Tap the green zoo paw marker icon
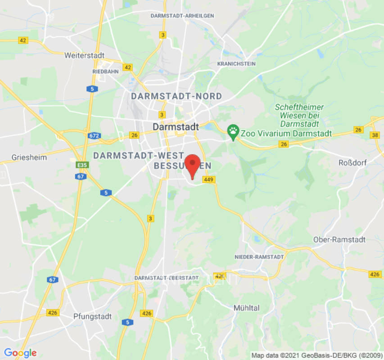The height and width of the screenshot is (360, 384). point(233,132)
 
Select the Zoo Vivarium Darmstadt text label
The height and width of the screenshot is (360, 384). point(286,134)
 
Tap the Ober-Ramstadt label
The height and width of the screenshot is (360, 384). point(339,239)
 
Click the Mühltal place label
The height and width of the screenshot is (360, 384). point(246,308)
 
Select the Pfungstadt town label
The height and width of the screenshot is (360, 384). point(92,316)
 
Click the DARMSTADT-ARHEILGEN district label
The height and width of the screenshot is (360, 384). point(182,16)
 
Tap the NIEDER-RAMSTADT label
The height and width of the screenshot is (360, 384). point(259,257)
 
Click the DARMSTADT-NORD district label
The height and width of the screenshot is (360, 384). point(176,96)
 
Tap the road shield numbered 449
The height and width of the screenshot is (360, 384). point(208,180)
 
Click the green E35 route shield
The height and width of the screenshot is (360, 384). point(82,165)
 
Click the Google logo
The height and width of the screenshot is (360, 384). point(20,353)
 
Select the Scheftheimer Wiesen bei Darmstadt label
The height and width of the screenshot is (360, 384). point(299,115)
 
